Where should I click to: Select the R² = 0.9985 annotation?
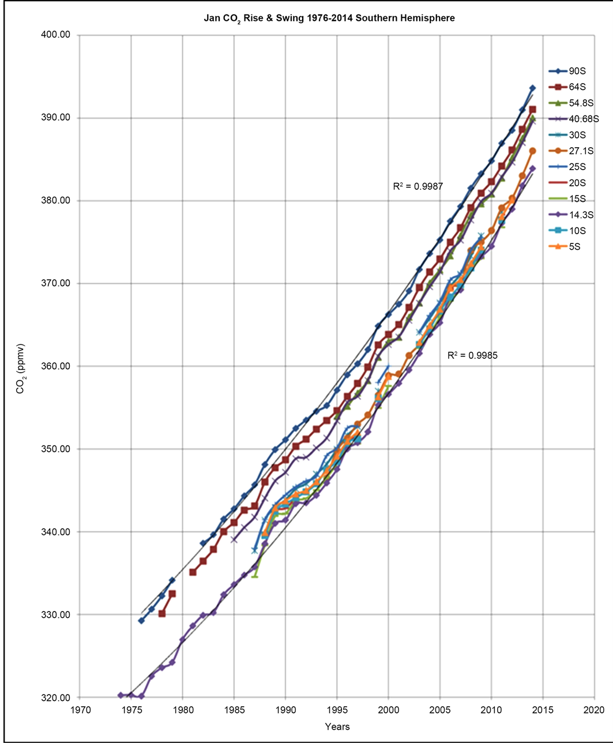(x=472, y=355)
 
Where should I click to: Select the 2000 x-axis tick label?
(x=388, y=708)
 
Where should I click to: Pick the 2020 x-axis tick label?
(x=594, y=708)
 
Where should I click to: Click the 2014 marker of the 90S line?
(x=532, y=88)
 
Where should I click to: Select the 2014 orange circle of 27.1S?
(x=532, y=151)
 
